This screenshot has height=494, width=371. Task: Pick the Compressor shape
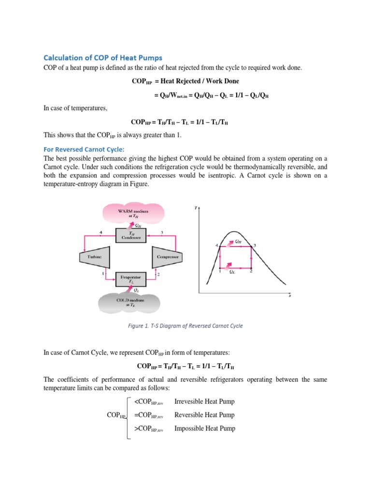pyautogui.click(x=167, y=257)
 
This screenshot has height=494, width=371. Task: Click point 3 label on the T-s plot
pyautogui.click(x=255, y=246)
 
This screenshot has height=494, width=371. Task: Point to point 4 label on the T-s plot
pyautogui.click(x=217, y=246)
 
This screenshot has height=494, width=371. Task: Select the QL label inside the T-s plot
pyautogui.click(x=233, y=272)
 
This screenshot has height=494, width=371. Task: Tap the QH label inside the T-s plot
pyautogui.click(x=239, y=241)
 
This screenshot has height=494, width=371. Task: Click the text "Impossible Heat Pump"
pyautogui.click(x=204, y=428)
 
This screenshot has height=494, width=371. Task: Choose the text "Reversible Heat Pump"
pyautogui.click(x=204, y=415)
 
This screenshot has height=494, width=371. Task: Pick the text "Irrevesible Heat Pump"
pyautogui.click(x=204, y=401)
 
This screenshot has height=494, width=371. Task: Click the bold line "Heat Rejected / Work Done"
pyautogui.click(x=185, y=81)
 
